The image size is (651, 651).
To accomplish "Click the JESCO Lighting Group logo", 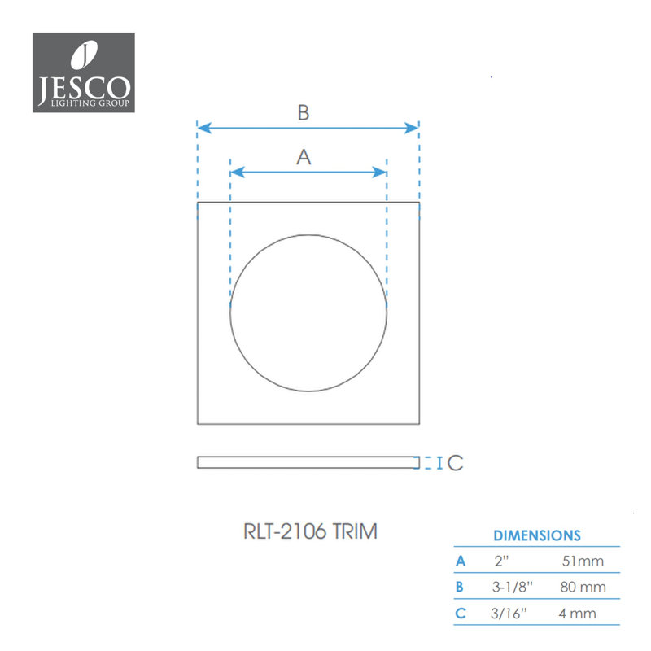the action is (x=84, y=72).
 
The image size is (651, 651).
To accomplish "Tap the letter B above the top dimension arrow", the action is (x=304, y=112).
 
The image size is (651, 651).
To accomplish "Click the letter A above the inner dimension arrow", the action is (x=304, y=157).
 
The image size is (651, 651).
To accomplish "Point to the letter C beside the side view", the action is (x=456, y=463).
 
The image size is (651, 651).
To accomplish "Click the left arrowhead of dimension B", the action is (x=204, y=128).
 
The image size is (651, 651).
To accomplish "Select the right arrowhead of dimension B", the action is (x=412, y=128).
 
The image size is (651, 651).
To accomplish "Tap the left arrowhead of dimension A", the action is (x=238, y=173).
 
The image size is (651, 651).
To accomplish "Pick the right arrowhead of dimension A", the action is (x=379, y=173).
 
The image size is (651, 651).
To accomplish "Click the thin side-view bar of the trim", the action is (x=308, y=462).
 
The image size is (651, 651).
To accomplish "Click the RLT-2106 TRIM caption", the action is (x=310, y=531).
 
